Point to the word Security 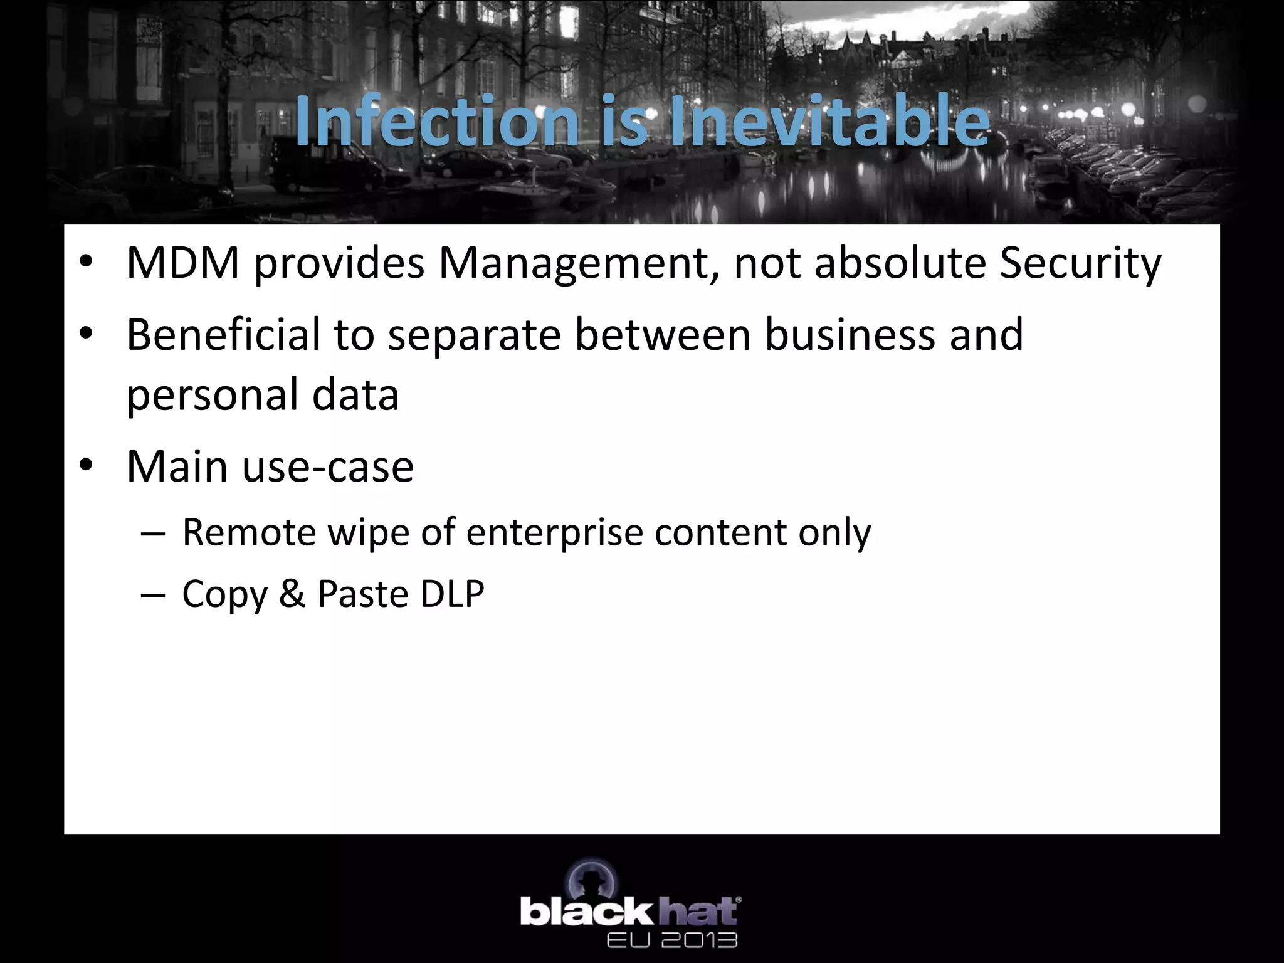click(x=1080, y=263)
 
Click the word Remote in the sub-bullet click(x=249, y=533)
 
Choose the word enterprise click(x=554, y=533)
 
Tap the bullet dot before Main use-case click(x=87, y=465)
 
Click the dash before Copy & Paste click(x=153, y=594)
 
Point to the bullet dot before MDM click(x=87, y=261)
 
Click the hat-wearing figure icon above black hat click(x=592, y=879)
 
